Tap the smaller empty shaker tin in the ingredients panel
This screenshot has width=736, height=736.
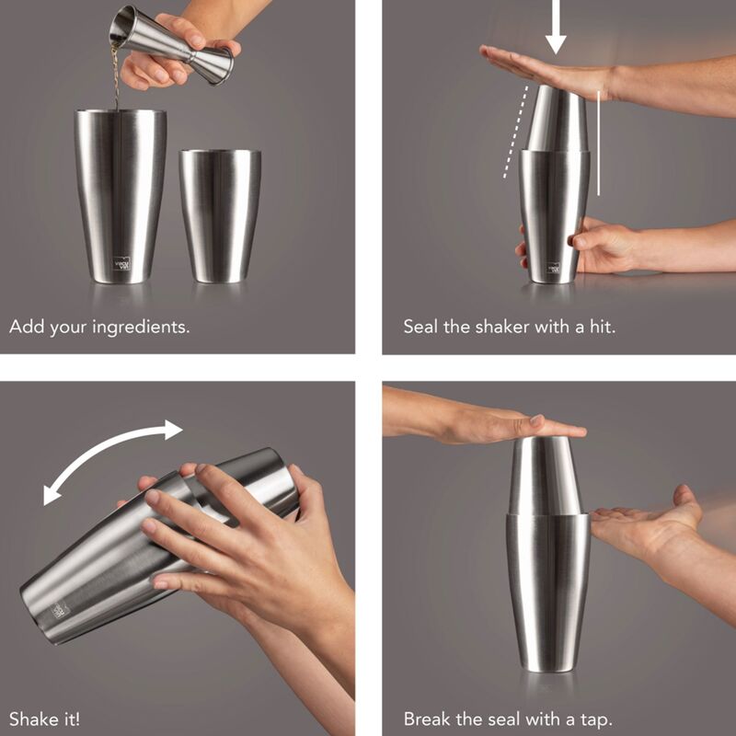point(220,215)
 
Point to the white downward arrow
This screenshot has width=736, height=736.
point(556,29)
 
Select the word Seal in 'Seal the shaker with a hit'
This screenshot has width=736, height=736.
point(420,327)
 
